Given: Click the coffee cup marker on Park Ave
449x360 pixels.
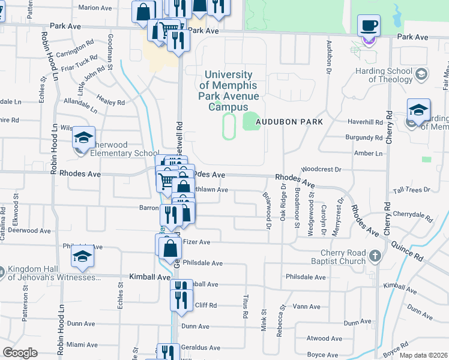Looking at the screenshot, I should pos(369,26).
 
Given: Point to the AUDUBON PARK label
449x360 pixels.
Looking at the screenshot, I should pos(289,122).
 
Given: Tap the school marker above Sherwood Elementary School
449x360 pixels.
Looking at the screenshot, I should pos(85,138).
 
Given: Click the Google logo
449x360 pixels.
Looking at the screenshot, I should pos(20,353).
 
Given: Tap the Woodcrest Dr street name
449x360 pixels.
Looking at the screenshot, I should pos(321,170).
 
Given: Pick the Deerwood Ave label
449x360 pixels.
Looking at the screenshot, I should pos(29,230).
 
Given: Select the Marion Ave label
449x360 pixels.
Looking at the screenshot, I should pos(95,8).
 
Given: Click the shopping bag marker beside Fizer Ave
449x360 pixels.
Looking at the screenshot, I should pos(171,247).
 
